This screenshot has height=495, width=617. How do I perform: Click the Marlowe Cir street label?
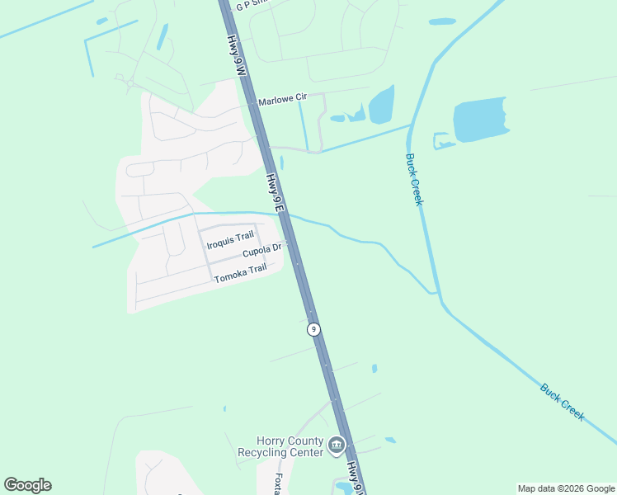(x=282, y=101)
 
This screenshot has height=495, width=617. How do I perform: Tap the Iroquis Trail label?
(x=230, y=239)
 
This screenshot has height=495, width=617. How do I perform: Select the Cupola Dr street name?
(x=262, y=249)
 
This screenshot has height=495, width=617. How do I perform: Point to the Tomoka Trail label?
(x=240, y=274)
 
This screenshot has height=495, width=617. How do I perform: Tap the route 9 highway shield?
(x=313, y=329)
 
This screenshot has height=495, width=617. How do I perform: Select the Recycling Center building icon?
(x=336, y=446)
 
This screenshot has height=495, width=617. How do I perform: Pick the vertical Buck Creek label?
(x=413, y=180)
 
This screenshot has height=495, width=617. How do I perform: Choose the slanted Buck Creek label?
(x=563, y=401)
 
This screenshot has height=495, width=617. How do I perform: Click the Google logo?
(x=27, y=485)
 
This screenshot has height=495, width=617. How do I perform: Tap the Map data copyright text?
(x=566, y=488)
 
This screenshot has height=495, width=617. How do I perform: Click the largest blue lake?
(x=479, y=120)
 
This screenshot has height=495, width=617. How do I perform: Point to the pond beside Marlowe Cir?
(x=381, y=105)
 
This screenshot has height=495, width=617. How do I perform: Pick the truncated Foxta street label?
(x=277, y=484)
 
